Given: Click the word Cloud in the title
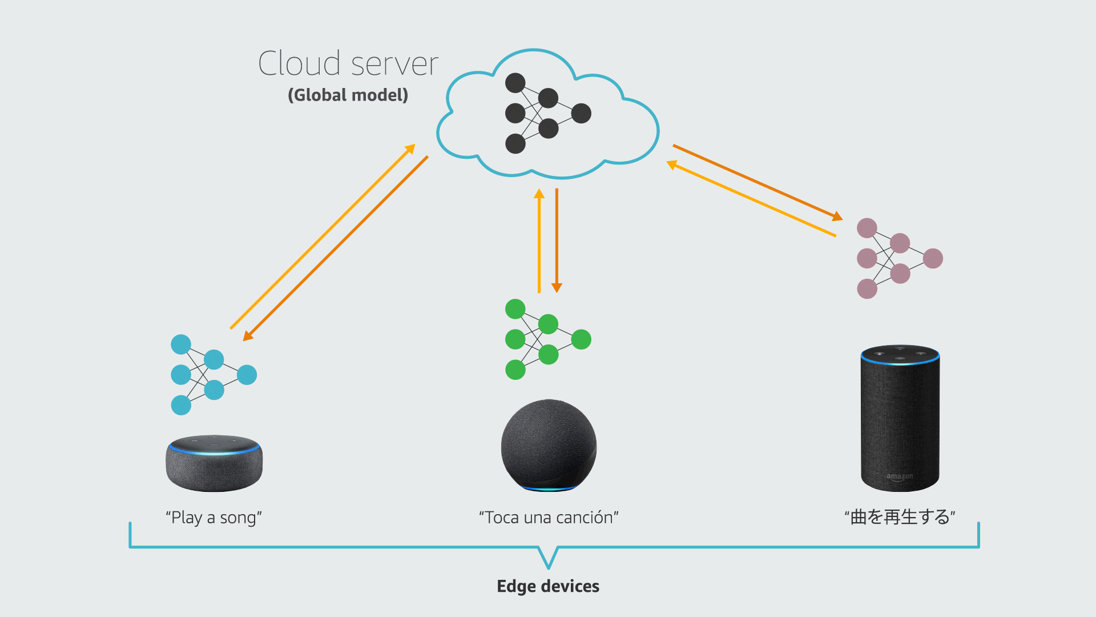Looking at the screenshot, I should coord(299,63).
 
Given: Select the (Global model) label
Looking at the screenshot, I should coord(348,95).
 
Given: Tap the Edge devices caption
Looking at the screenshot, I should coord(548,586).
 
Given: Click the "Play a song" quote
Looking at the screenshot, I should coord(213,518).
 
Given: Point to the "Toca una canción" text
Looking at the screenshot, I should coord(549,518).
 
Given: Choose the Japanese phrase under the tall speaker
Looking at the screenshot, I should coord(900,517).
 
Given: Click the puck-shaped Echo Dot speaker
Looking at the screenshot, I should coord(214,463).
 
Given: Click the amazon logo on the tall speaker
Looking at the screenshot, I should coord(900,476).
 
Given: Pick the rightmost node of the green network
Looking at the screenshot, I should coord(581,339).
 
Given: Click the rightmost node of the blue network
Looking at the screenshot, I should coord(247,375).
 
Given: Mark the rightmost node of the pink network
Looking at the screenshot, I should coord(933,258).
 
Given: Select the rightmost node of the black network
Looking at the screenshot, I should coord(581,113).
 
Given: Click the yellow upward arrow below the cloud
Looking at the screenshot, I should coord(539,240).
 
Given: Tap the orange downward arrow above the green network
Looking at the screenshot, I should coord(557,240).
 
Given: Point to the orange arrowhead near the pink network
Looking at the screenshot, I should coord(837,217).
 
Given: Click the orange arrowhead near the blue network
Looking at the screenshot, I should coord(248,336).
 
